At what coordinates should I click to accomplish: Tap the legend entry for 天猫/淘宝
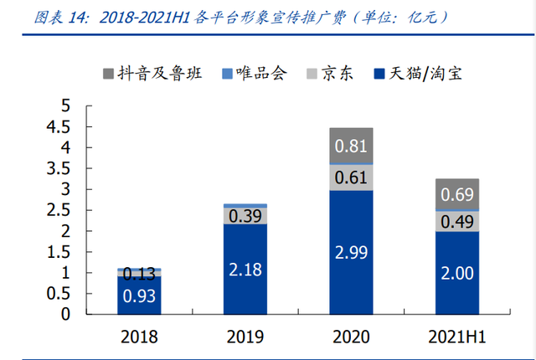[x=418, y=73]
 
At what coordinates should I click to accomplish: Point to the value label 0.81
[x=350, y=147]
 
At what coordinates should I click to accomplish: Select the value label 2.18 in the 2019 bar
[x=245, y=270]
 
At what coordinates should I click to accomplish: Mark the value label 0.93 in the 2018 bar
[x=138, y=296]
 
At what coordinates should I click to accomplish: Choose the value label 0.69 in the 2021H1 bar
[x=456, y=195]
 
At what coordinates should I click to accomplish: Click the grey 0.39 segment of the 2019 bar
[x=245, y=216]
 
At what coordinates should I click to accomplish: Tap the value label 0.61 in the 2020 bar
[x=350, y=177]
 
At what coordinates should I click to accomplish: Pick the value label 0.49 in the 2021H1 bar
[x=456, y=221]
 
